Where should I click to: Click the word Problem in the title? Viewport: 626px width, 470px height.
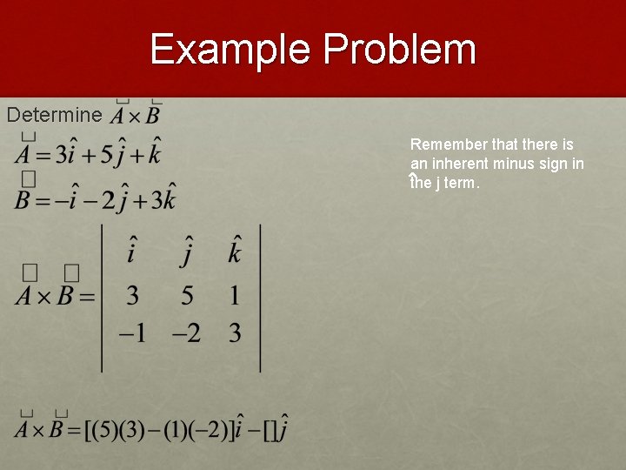[399, 50]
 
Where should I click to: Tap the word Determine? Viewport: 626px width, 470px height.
[54, 114]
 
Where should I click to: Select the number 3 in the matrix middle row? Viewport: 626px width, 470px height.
[132, 296]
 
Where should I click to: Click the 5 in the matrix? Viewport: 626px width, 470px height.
[187, 296]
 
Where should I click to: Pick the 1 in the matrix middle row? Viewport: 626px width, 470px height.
[235, 296]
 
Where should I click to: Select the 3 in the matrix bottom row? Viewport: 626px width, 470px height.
[235, 333]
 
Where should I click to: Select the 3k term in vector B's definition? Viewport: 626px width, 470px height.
[161, 198]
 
